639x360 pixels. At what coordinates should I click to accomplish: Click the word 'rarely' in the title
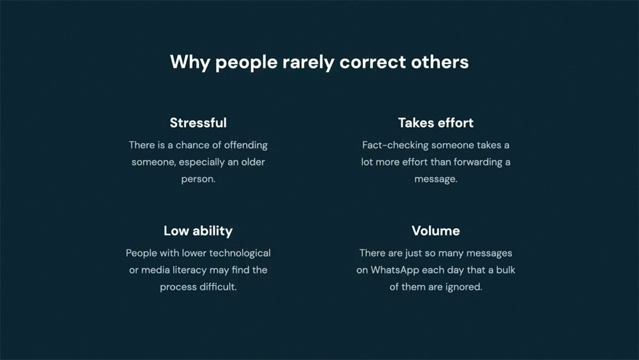[x=308, y=63]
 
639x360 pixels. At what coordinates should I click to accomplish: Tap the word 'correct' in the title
[x=373, y=62]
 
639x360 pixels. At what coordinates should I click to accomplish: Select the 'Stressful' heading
[x=198, y=123]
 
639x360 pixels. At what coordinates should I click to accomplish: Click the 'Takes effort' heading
[x=436, y=123]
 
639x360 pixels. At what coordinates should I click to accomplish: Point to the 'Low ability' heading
[x=198, y=231]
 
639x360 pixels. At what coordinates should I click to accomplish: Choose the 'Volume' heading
[x=436, y=231]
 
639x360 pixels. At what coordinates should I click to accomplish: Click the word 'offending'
[x=246, y=146]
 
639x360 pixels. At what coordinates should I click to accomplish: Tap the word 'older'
[x=252, y=162]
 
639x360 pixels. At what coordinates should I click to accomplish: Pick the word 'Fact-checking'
[x=396, y=146]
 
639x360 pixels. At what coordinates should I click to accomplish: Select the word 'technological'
[x=240, y=253]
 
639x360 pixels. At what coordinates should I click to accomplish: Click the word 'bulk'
[x=505, y=270]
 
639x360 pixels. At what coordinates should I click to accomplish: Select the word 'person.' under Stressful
[x=198, y=180]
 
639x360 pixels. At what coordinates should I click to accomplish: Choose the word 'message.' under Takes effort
[x=436, y=180]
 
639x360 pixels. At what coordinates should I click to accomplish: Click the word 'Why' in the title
[x=190, y=63]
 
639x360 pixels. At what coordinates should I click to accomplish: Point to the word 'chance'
[x=193, y=145]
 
